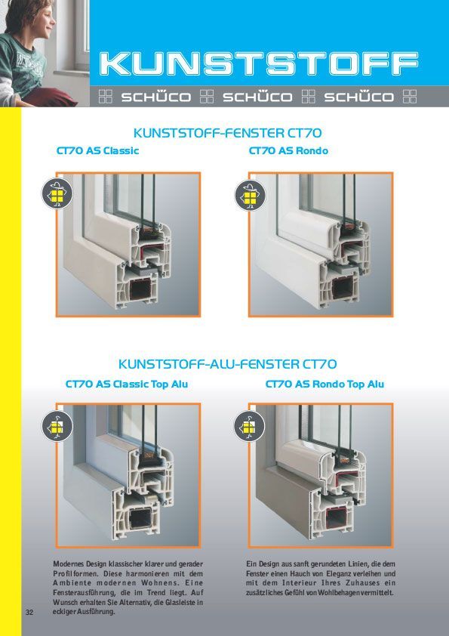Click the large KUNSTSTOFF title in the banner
point(259,63)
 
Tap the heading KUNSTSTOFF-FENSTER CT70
point(227,133)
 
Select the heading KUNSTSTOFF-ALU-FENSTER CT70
point(227,364)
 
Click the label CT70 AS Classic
point(97,150)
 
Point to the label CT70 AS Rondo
point(288,150)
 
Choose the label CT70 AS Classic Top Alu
point(127,384)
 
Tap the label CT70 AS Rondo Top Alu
point(324,384)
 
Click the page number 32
point(29,612)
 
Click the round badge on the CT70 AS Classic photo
point(57,193)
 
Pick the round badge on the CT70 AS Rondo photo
point(251,196)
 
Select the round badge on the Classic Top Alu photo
point(57,426)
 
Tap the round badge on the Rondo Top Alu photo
point(250,426)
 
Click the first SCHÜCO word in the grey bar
point(156,97)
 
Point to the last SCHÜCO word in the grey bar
point(358,97)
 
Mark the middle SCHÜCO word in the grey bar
point(257,97)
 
